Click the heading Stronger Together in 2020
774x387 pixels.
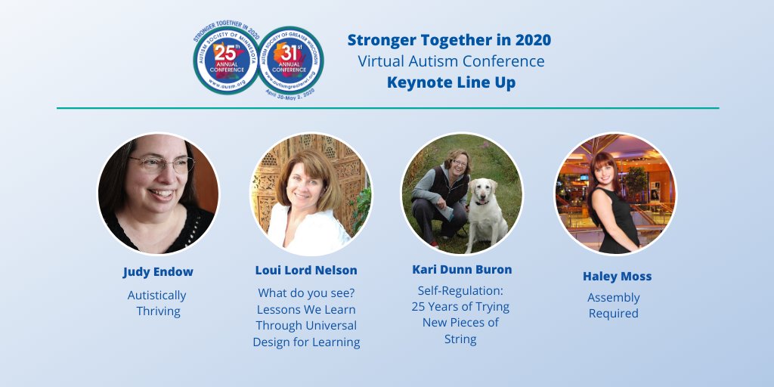click(x=449, y=40)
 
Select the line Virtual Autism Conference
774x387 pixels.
click(x=451, y=61)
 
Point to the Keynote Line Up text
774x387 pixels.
click(x=451, y=82)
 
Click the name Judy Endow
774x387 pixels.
click(x=157, y=271)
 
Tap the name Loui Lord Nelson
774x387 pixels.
click(x=306, y=270)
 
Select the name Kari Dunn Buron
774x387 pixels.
click(x=461, y=269)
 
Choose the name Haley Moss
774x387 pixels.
click(x=617, y=276)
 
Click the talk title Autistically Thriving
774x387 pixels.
click(x=157, y=303)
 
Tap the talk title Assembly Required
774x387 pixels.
click(x=613, y=305)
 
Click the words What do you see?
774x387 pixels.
click(x=306, y=293)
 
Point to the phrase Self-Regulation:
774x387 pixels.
click(x=460, y=290)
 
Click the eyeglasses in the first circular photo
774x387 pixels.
click(x=160, y=163)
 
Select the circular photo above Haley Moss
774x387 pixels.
click(x=615, y=194)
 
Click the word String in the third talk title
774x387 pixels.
click(x=460, y=339)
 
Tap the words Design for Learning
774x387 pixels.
click(x=306, y=342)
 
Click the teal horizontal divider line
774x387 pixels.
click(x=387, y=108)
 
